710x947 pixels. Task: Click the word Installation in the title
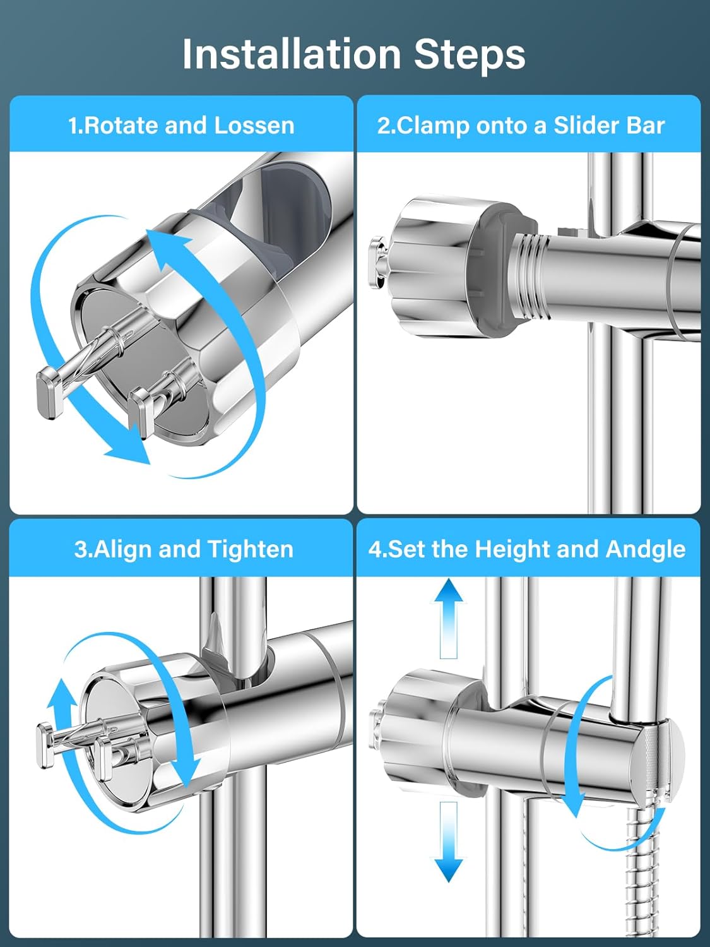[x=292, y=55]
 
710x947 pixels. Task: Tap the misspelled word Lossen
[x=254, y=126]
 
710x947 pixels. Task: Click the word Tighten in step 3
[x=251, y=550]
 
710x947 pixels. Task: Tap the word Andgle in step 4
[x=646, y=550]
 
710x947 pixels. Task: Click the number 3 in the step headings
[x=80, y=550]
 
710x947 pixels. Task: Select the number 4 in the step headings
[x=375, y=550]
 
